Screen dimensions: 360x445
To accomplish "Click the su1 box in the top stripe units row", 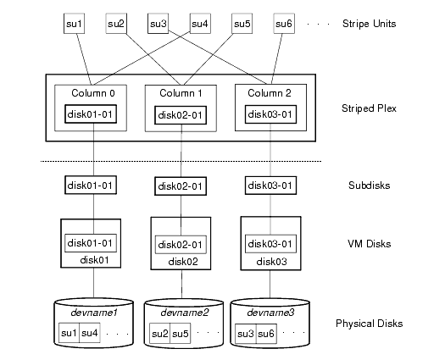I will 75,24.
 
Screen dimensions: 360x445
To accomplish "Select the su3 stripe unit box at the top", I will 159,24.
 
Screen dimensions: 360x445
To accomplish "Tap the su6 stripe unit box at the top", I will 284,24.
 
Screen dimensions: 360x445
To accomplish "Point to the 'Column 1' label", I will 179,91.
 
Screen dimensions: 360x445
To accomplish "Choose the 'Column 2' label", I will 270,91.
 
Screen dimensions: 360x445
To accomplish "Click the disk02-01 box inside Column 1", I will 179,114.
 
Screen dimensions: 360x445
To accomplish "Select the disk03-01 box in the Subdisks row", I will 270,184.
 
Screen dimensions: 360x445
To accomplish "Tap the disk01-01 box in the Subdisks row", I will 88,184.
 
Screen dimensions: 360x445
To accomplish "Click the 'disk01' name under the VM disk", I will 87,260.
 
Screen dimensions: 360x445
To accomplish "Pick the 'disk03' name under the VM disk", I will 270,262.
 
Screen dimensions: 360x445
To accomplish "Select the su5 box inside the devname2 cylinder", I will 181,334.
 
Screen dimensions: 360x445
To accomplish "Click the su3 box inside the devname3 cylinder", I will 246,334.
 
